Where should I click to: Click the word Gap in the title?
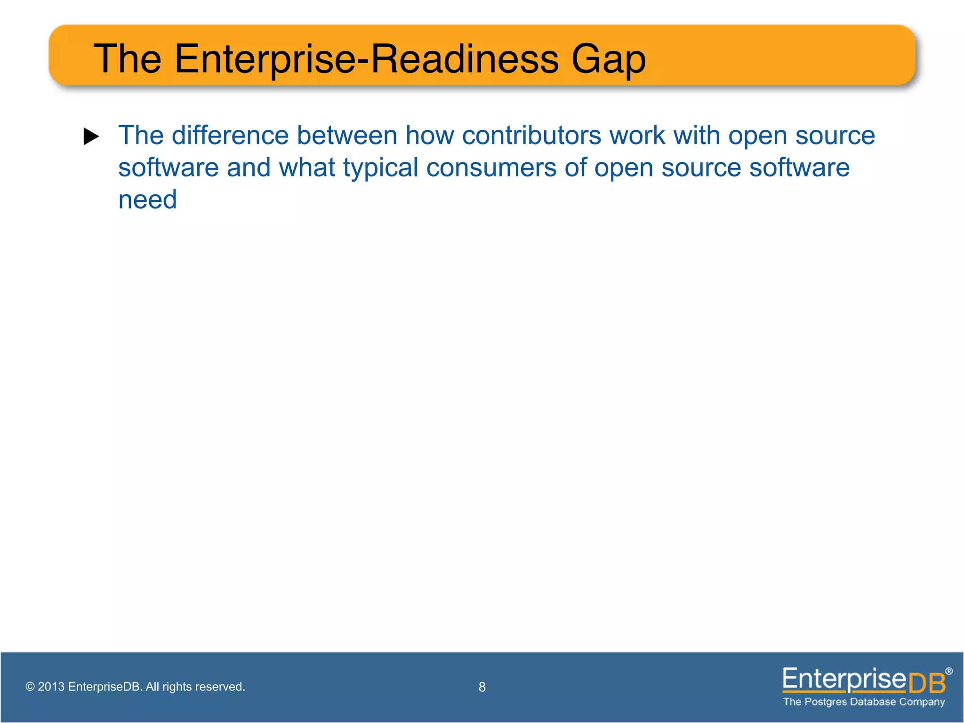click(608, 60)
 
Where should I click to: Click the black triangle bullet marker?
click(91, 137)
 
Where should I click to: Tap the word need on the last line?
click(147, 200)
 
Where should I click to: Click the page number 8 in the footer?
click(482, 687)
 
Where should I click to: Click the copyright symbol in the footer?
click(30, 687)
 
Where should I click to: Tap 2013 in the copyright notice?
click(51, 687)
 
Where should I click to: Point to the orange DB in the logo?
click(927, 683)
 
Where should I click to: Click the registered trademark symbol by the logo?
click(948, 671)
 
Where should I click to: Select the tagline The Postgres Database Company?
click(864, 702)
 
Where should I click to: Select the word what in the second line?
click(307, 168)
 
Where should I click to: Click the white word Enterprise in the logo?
click(844, 680)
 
